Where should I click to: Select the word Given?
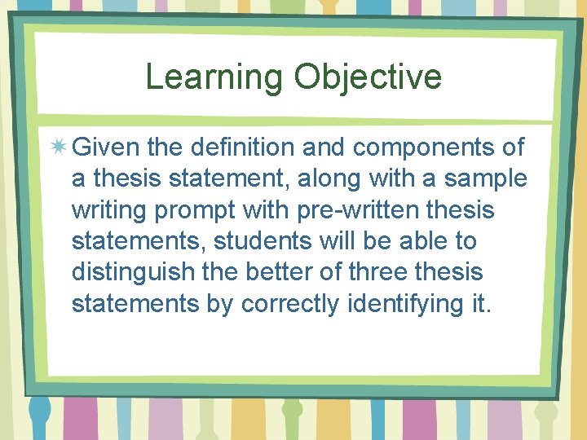tap(107, 147)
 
